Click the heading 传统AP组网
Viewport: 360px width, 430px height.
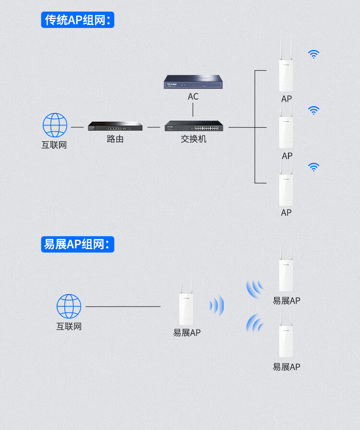78,20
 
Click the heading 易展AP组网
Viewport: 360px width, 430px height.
78,245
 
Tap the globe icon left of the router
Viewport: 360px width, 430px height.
55,125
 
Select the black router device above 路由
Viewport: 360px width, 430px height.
115,126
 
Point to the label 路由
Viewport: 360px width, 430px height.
115,139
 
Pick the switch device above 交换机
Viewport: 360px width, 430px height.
194,126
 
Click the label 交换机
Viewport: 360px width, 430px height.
193,139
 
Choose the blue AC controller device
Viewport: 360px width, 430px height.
193,82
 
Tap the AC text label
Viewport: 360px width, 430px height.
193,97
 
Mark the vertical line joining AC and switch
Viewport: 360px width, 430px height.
193,110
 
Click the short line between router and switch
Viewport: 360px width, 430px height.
154,127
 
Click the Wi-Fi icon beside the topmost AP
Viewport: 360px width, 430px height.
314,54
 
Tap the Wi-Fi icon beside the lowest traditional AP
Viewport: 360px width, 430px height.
314,167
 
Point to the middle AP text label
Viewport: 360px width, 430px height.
287,156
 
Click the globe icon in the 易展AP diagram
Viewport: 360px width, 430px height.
69,307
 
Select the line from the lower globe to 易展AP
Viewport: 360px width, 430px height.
123,307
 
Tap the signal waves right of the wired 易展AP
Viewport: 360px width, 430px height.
216,306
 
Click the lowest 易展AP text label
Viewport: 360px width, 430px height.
286,367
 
